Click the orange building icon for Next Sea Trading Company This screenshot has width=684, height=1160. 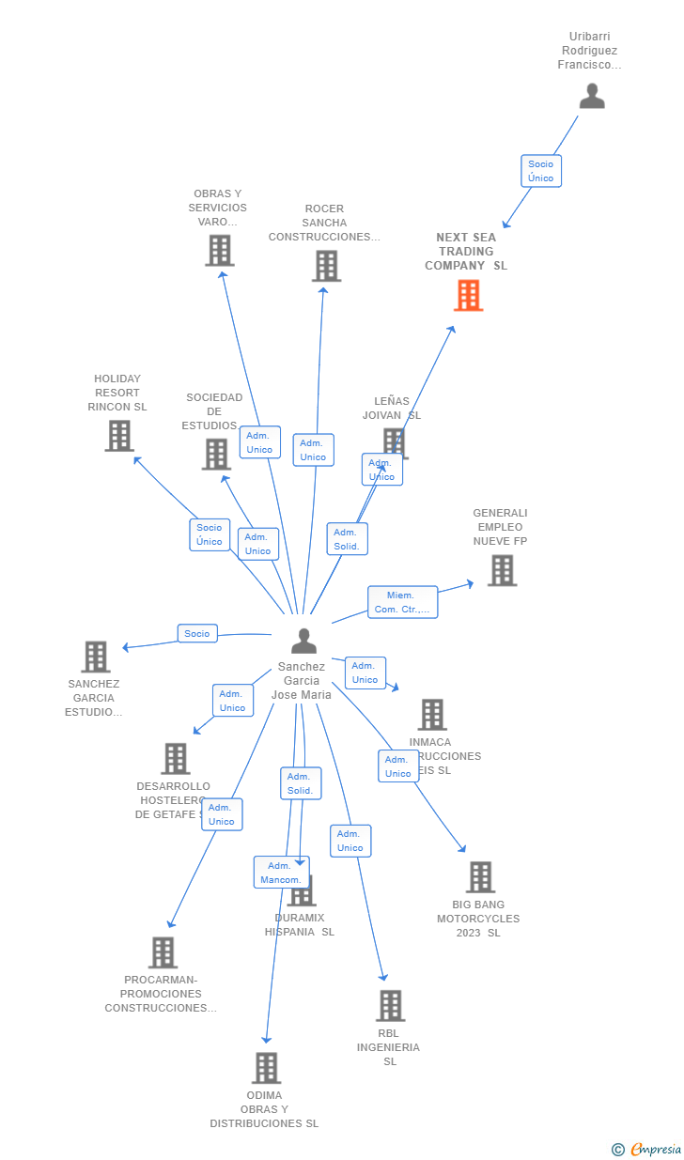point(468,295)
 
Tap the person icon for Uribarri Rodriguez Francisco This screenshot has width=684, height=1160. point(592,96)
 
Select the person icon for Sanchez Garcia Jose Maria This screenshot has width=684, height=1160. point(303,641)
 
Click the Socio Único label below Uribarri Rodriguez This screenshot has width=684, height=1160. point(541,171)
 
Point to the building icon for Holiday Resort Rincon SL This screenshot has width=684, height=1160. point(119,436)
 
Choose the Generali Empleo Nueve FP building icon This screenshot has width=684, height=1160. point(502,570)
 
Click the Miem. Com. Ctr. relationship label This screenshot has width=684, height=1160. point(402,602)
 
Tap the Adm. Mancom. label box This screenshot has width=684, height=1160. point(281,872)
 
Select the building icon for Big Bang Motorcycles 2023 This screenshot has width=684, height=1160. point(480,877)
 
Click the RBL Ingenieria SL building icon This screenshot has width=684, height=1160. point(390,1006)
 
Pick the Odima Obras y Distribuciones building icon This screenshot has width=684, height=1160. point(266,1068)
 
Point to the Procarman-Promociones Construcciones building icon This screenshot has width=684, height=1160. point(163,952)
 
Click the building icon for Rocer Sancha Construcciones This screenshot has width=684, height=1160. point(326,266)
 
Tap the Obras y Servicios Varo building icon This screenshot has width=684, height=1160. point(220,251)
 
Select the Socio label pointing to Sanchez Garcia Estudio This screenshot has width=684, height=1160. point(197,634)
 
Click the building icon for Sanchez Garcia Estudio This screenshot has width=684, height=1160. point(96,657)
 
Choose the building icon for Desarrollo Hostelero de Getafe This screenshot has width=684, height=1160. point(176,759)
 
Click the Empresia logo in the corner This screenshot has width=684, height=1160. point(647,1150)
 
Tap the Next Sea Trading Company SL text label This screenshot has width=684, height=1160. point(466,252)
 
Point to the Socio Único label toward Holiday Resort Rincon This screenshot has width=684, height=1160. point(210,534)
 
